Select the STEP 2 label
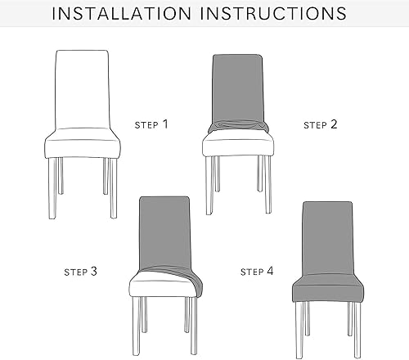pyautogui.click(x=320, y=125)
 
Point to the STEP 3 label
pyautogui.click(x=81, y=270)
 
